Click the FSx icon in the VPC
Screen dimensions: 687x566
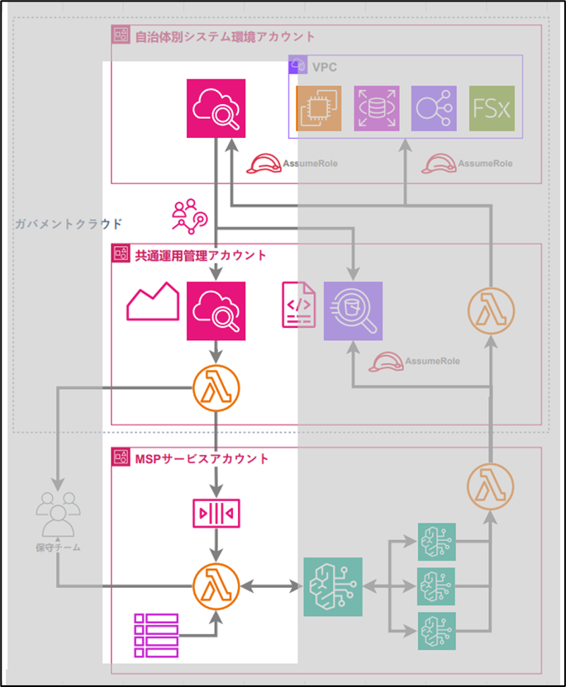[x=492, y=108]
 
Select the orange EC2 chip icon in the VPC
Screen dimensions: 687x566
[x=318, y=108]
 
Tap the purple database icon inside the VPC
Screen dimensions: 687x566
[x=377, y=108]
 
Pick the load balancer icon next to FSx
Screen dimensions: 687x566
[x=434, y=108]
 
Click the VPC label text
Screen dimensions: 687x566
[x=325, y=66]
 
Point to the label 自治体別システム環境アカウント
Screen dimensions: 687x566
[x=225, y=36]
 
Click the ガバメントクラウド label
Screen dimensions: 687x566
[x=69, y=224]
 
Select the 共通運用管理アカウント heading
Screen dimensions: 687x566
[x=201, y=255]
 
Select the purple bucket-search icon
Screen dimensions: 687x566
[x=353, y=310]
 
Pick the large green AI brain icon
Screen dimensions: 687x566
[x=333, y=586]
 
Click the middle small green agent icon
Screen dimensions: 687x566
[x=436, y=586]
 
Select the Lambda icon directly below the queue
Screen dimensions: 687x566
[x=216, y=586]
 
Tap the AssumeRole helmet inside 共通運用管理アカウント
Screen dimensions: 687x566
[x=391, y=361]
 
